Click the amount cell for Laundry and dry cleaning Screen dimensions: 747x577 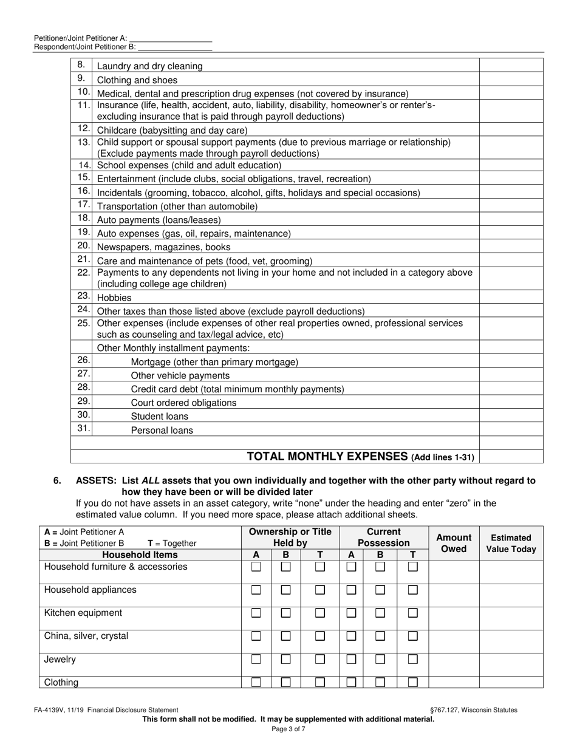click(511, 66)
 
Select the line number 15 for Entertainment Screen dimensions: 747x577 click(84, 177)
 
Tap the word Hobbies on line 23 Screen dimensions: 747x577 click(114, 298)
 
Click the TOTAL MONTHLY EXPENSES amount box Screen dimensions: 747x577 click(511, 456)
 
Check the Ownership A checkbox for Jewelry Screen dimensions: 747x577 click(256, 659)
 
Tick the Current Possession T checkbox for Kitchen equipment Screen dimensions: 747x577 click(412, 613)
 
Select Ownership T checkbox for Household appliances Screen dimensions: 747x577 click(320, 590)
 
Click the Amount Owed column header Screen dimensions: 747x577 click(454, 543)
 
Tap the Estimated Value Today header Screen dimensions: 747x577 click(511, 543)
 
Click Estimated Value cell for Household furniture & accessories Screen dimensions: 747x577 click(511, 572)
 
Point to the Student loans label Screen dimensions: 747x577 click(160, 417)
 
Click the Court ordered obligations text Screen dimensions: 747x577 click(183, 403)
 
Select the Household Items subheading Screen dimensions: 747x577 click(140, 554)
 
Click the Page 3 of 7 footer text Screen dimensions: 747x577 click(288, 729)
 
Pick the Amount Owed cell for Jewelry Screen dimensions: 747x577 click(454, 664)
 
